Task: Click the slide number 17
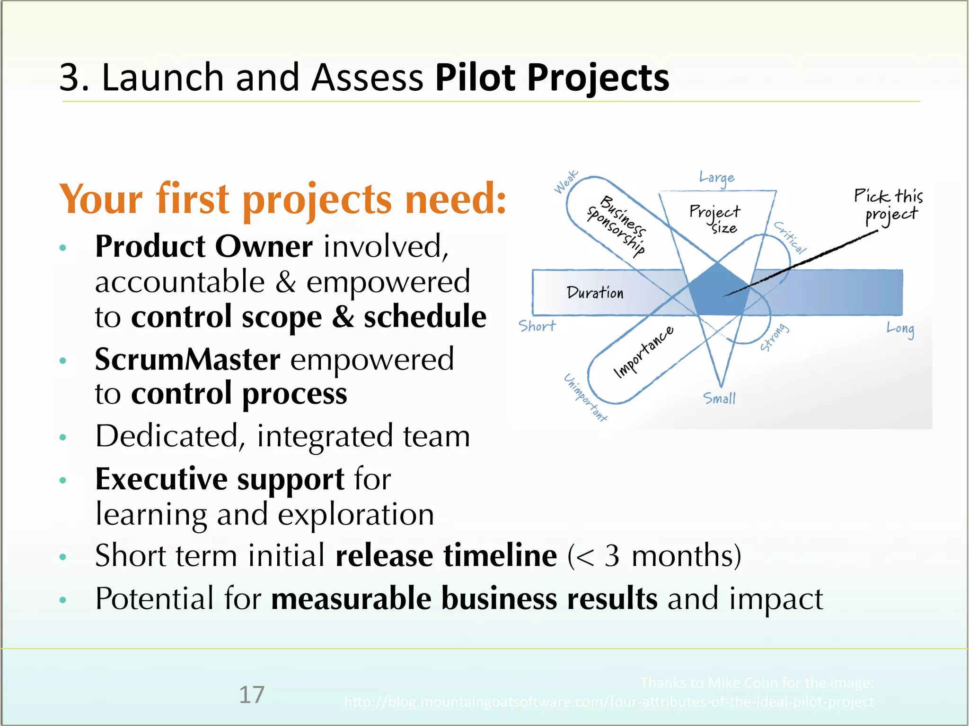[x=252, y=695]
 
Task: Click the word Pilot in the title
[x=475, y=78]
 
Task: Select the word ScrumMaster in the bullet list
[x=187, y=360]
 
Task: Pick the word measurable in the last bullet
[x=351, y=599]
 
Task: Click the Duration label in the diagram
[x=595, y=293]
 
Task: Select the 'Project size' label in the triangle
[x=715, y=218]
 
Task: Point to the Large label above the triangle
[x=717, y=178]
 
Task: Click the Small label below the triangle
[x=719, y=398]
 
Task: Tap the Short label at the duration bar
[x=537, y=326]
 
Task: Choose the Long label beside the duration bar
[x=900, y=329]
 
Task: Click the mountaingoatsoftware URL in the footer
[x=608, y=702]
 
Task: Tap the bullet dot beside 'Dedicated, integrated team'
[x=63, y=437]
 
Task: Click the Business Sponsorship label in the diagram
[x=617, y=225]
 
